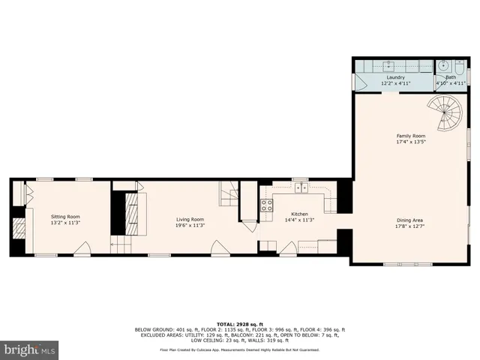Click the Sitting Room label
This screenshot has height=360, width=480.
pyautogui.click(x=64, y=216)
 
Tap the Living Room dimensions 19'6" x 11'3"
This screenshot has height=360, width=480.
pyautogui.click(x=190, y=224)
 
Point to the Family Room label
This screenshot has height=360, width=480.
pyautogui.click(x=410, y=135)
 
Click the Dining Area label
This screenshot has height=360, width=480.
pyautogui.click(x=410, y=219)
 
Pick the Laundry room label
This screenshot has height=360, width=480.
pyautogui.click(x=395, y=76)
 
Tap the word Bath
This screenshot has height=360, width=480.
pyautogui.click(x=450, y=76)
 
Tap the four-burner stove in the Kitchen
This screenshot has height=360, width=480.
pyautogui.click(x=266, y=203)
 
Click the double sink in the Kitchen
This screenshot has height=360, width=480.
pyautogui.click(x=301, y=187)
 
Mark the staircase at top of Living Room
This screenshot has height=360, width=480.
pyautogui.click(x=228, y=194)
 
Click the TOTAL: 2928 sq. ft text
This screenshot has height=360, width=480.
pyautogui.click(x=239, y=322)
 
